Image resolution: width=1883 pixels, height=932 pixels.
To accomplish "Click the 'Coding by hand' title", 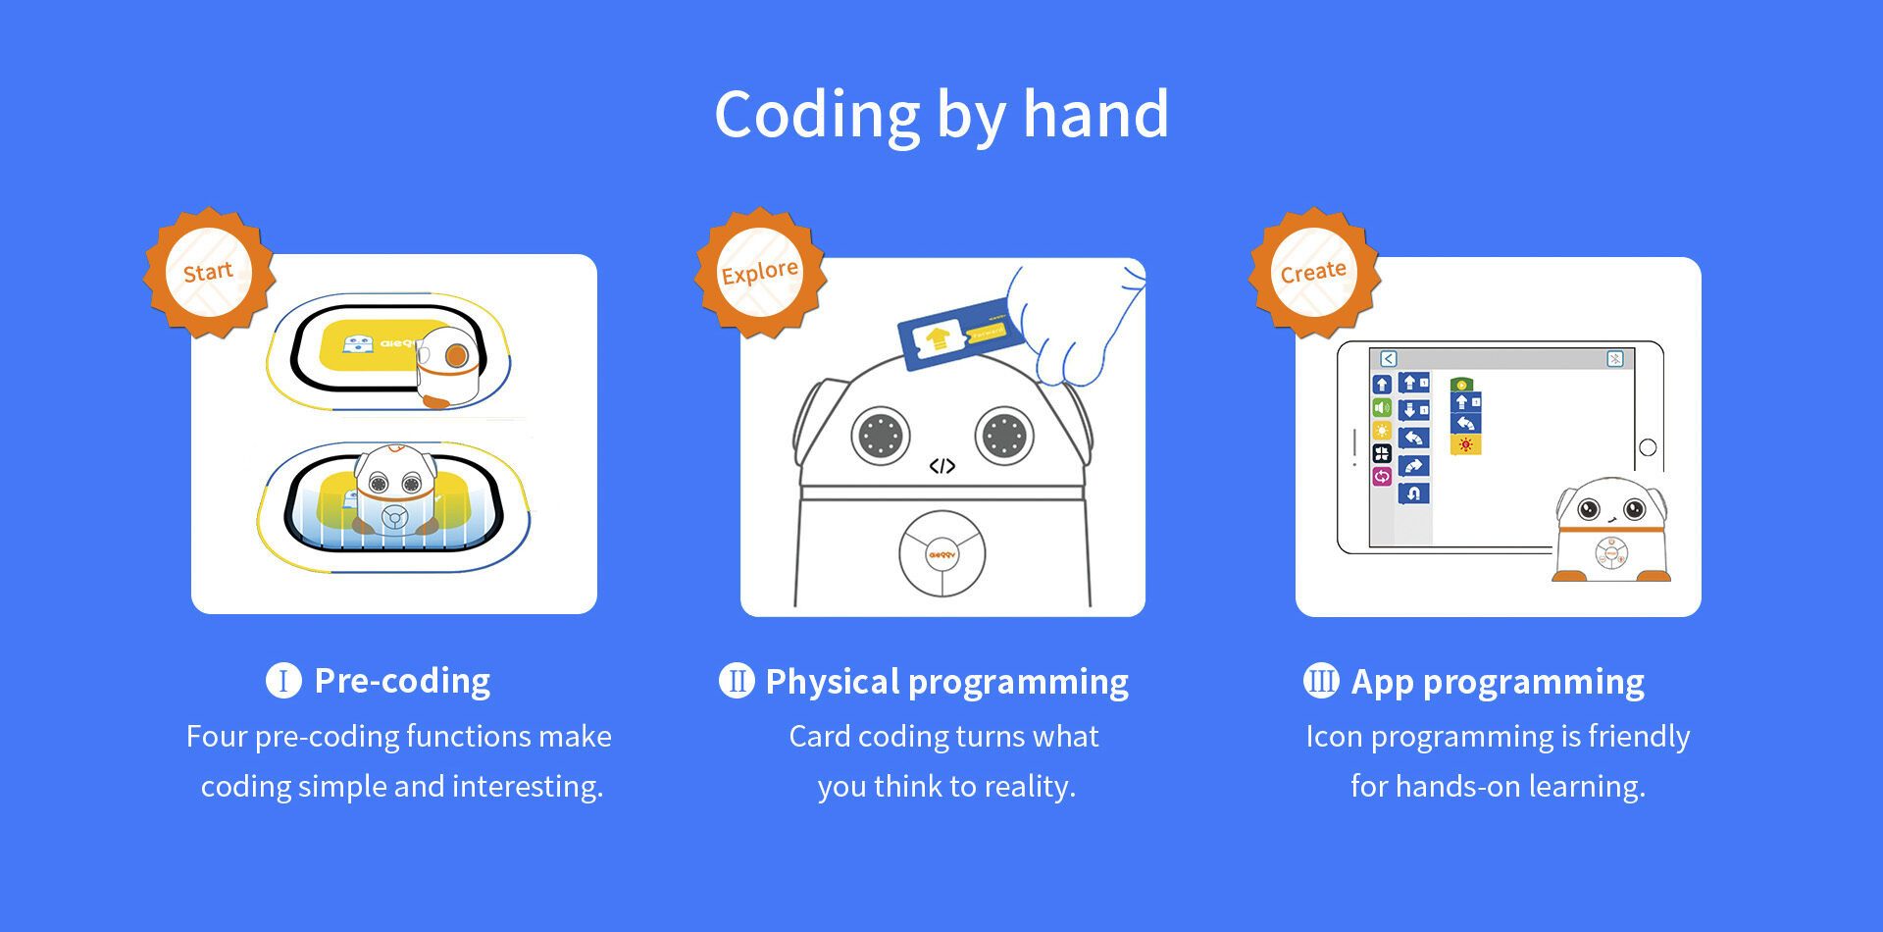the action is (941, 116).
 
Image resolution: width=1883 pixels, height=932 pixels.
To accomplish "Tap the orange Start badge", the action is (209, 273).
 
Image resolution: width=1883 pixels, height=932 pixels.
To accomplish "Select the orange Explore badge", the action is (760, 273).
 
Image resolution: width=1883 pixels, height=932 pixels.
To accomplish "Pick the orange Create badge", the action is (1313, 273).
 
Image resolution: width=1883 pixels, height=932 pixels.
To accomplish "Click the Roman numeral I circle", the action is (283, 681).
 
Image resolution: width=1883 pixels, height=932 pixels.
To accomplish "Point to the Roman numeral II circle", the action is (737, 681).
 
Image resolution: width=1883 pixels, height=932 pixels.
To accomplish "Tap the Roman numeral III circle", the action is (1320, 681).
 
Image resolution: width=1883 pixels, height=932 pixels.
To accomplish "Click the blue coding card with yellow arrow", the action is (961, 334).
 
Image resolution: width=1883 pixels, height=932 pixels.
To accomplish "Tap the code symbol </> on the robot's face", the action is (941, 466).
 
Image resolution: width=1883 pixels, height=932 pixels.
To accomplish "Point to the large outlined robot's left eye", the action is (881, 434).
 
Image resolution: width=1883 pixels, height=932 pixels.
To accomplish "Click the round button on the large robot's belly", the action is (941, 553).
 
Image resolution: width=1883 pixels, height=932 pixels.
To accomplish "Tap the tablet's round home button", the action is (1648, 447).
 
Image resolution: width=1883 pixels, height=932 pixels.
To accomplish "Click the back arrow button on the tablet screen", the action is (1388, 359).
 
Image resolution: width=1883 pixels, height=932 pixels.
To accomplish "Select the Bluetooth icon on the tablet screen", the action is (1615, 359).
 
